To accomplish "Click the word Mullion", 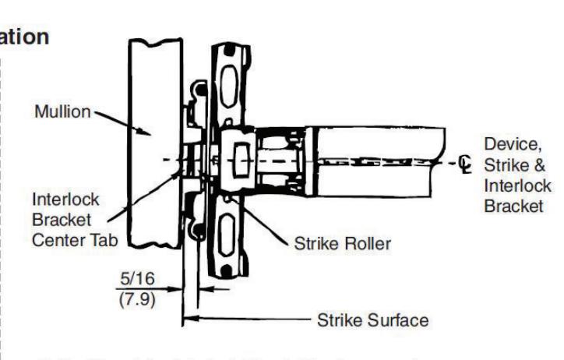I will [x=63, y=111].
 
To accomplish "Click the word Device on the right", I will [x=506, y=145].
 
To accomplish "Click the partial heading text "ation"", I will [x=25, y=37].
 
